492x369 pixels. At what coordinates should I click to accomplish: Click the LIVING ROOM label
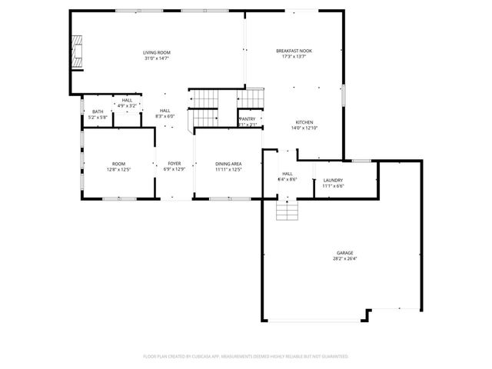pyautogui.click(x=155, y=51)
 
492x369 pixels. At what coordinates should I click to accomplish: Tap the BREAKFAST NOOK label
pyautogui.click(x=294, y=51)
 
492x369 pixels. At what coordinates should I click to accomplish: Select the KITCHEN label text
pyautogui.click(x=304, y=122)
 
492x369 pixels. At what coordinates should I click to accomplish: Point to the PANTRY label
pyautogui.click(x=248, y=119)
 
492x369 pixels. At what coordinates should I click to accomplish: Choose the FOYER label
pyautogui.click(x=175, y=164)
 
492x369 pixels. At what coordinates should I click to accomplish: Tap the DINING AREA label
pyautogui.click(x=228, y=164)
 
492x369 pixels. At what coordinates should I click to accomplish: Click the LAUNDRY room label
pyautogui.click(x=333, y=180)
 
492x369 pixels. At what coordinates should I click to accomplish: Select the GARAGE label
pyautogui.click(x=344, y=252)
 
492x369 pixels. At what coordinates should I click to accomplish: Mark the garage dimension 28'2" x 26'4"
pyautogui.click(x=344, y=258)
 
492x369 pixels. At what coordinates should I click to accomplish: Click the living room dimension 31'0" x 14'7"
pyautogui.click(x=155, y=58)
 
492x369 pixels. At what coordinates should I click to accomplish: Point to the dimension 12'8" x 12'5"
pyautogui.click(x=118, y=169)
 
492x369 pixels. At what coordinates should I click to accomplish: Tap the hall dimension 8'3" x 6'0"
pyautogui.click(x=165, y=116)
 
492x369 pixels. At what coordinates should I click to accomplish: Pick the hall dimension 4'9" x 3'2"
pyautogui.click(x=127, y=105)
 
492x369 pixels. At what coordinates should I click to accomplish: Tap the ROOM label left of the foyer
pyautogui.click(x=118, y=164)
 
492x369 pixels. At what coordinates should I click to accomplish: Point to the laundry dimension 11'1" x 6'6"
pyautogui.click(x=333, y=185)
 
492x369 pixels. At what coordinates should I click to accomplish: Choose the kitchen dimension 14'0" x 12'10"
pyautogui.click(x=304, y=128)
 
